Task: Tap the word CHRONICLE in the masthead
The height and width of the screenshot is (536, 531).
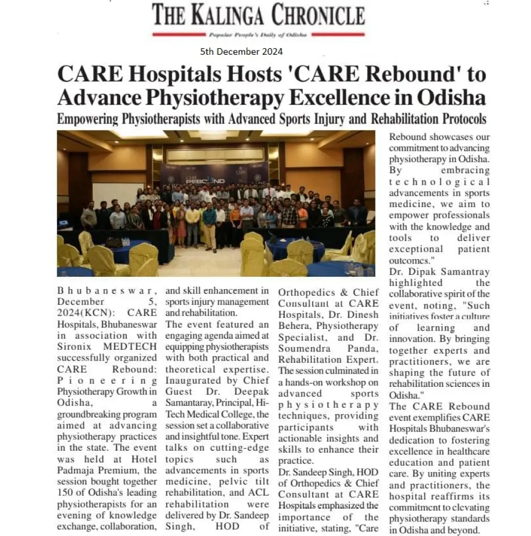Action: coord(318,14)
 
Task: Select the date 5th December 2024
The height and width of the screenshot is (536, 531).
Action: coord(241,52)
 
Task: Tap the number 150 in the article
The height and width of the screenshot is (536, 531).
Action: coord(66,494)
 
